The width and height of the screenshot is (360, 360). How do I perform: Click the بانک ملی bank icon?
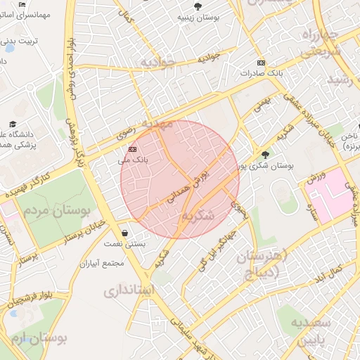pyautogui.click(x=133, y=149)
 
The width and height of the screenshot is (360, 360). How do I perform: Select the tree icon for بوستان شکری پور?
pyautogui.click(x=265, y=155)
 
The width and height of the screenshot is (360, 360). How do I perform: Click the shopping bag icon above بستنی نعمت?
pyautogui.click(x=125, y=233)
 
